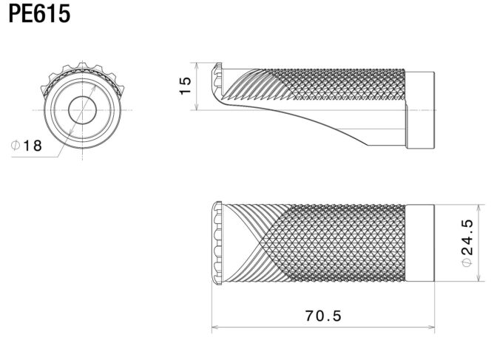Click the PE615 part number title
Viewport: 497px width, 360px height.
click(x=39, y=14)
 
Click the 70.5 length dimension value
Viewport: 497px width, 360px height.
click(x=323, y=316)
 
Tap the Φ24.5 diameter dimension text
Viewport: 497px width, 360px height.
click(x=467, y=243)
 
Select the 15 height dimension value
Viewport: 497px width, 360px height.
click(x=186, y=86)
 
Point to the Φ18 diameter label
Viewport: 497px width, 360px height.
click(x=27, y=146)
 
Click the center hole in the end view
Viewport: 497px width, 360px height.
click(x=82, y=110)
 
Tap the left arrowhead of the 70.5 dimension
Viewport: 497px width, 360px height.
click(x=215, y=327)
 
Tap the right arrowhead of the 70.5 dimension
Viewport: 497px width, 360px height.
click(x=431, y=327)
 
